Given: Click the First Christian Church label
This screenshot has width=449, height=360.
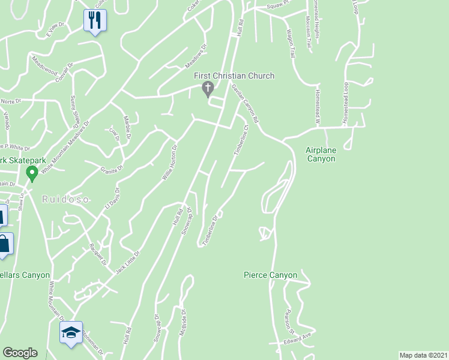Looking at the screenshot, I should click(x=234, y=76).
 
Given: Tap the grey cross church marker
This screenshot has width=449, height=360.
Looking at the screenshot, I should click(x=208, y=90).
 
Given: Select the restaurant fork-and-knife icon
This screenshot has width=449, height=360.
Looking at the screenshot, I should click(x=94, y=20).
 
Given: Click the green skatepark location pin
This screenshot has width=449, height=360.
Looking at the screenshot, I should click(x=32, y=174).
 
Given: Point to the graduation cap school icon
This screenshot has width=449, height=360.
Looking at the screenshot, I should click(x=70, y=332).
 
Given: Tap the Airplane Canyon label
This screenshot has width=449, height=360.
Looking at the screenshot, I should click(x=321, y=154).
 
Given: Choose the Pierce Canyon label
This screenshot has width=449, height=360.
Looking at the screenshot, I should click(x=270, y=275).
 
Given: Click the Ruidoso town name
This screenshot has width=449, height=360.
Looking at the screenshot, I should click(x=65, y=199).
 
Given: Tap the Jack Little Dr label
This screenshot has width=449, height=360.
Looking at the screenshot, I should click(x=128, y=263).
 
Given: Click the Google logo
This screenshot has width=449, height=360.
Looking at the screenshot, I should click(x=20, y=353).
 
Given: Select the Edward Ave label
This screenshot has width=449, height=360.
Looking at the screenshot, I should click(x=298, y=339).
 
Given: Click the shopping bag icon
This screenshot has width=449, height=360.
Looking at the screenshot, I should click(x=4, y=244).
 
